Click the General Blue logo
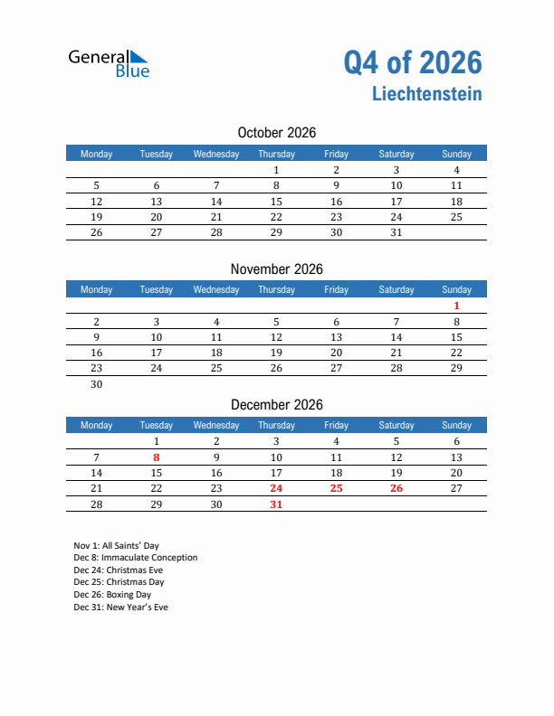[109, 62]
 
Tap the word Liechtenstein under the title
[425, 94]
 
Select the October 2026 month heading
[276, 133]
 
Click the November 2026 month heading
[276, 269]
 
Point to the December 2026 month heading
[276, 405]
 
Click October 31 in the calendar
[396, 232]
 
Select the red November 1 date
[456, 306]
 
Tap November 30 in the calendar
[97, 384]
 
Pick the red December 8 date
[157, 457]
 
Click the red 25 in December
[336, 488]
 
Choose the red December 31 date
[276, 504]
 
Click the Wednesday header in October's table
[216, 154]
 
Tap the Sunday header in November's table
[456, 290]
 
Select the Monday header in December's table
[97, 426]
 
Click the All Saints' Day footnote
[118, 545]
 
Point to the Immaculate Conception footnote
[135, 558]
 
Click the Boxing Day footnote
[112, 595]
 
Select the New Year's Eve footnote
[120, 608]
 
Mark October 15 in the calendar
[276, 202]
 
